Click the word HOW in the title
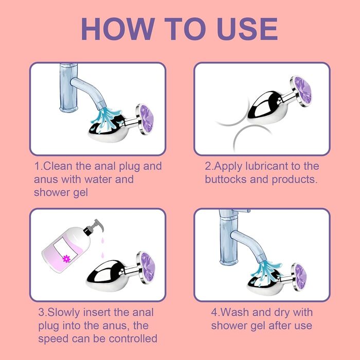[118, 29]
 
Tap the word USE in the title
[247, 29]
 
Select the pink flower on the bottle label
[66, 259]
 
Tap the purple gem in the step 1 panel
[147, 119]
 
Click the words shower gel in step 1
[61, 193]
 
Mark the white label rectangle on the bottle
[65, 249]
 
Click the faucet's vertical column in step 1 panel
[68, 88]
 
